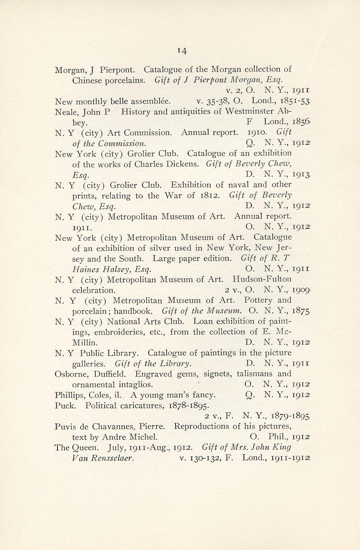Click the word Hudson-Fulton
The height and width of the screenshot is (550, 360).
point(262,279)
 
